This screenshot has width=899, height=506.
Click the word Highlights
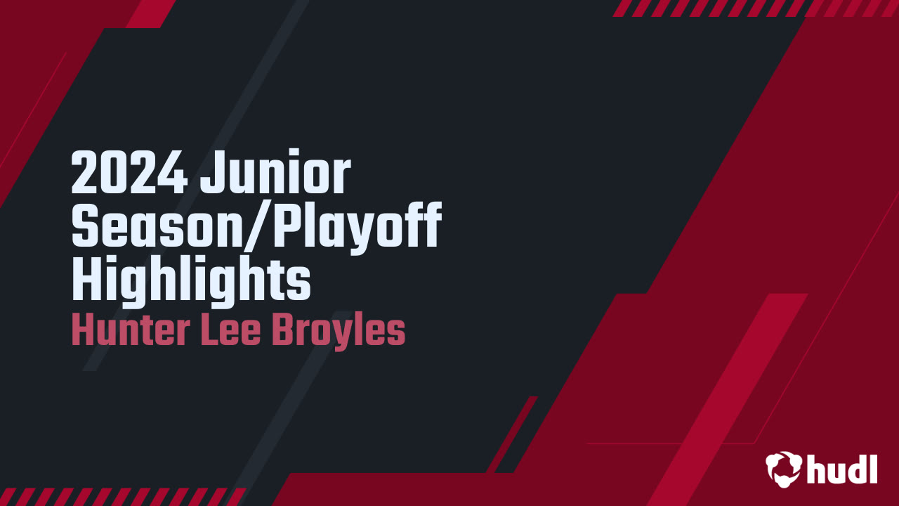point(191,280)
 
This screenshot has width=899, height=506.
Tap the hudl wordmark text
point(842,468)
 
